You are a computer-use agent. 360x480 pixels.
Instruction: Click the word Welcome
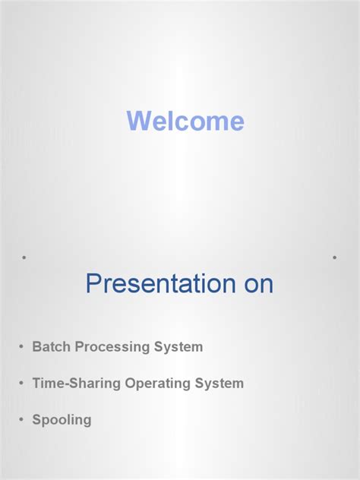pos(185,122)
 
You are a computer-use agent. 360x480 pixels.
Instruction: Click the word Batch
pos(49,347)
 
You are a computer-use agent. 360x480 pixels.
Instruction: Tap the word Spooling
pos(62,420)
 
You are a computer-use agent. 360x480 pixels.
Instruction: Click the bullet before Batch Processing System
pos(21,348)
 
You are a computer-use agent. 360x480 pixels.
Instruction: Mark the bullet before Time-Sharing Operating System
pos(21,384)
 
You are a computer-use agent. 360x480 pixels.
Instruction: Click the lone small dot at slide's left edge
pos(24,257)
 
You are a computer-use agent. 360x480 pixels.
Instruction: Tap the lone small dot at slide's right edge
pos(334,257)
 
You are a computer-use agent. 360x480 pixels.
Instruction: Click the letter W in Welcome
pos(137,122)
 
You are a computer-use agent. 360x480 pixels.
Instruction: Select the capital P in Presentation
pos(93,283)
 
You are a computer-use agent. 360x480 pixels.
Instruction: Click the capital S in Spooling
pos(36,420)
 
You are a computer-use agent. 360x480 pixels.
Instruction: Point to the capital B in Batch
pos(36,347)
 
